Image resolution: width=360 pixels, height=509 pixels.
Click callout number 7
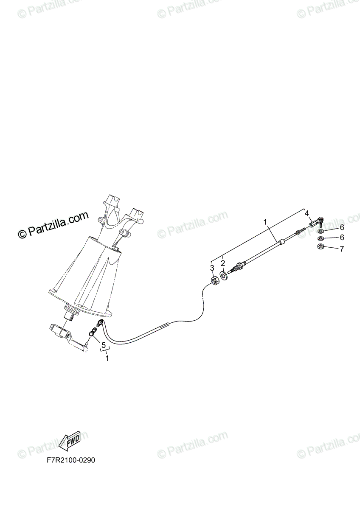[341, 249]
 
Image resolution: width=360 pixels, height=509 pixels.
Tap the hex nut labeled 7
[321, 246]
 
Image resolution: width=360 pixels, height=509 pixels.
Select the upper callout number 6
[341, 227]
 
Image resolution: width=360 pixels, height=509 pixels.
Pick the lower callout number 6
[341, 238]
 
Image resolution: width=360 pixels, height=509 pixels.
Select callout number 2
[222, 264]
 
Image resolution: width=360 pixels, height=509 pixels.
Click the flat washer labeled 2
[224, 277]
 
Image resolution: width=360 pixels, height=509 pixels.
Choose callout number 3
[212, 268]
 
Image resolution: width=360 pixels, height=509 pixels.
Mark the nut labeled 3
[215, 280]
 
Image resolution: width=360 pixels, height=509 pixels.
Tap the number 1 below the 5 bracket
[107, 358]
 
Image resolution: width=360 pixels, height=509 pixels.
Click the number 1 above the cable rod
[265, 221]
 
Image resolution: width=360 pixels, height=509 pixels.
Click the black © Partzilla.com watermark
[53, 225]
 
